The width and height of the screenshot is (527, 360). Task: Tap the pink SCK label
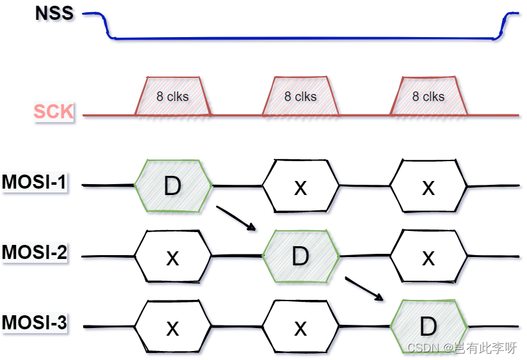[54, 112]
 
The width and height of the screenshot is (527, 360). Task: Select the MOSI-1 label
[34, 183]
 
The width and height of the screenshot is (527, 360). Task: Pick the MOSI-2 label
[34, 253]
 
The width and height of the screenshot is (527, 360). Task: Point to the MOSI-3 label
[34, 323]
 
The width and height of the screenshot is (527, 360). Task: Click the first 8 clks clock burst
[173, 97]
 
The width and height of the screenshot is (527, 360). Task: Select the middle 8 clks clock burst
[301, 97]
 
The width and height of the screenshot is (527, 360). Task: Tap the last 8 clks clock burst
[429, 97]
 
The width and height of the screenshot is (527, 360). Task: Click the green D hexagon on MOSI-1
[173, 186]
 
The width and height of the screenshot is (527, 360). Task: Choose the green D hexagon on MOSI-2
[301, 256]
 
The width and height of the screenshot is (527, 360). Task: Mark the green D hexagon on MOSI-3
[429, 327]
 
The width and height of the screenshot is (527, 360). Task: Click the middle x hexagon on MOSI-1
[301, 186]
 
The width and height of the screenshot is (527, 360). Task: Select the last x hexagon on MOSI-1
[429, 186]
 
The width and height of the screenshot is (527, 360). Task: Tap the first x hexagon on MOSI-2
[173, 256]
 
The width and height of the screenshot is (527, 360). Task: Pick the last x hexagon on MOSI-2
[429, 256]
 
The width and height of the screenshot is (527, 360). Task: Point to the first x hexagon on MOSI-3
[173, 327]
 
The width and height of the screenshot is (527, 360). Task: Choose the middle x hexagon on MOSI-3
[301, 327]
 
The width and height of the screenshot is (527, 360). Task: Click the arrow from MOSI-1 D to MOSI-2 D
[236, 218]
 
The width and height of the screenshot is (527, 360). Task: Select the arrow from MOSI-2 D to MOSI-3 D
[364, 288]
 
